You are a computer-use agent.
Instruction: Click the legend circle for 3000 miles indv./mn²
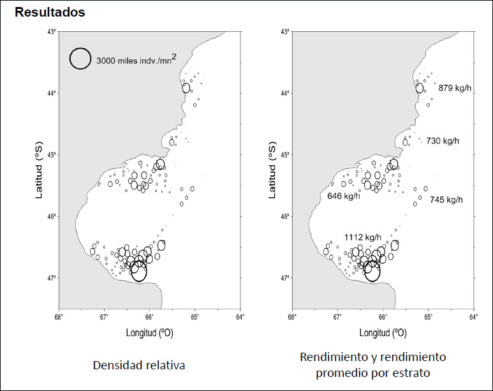80,59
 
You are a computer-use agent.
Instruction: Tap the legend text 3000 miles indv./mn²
136,61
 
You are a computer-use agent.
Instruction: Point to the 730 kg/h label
443,141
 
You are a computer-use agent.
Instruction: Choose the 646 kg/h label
344,196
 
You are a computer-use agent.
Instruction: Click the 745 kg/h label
446,200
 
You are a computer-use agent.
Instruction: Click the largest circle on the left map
138,271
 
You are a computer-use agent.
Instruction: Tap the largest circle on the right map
372,271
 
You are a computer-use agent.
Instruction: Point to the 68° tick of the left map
59,315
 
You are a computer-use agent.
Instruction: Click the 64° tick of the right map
474,315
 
